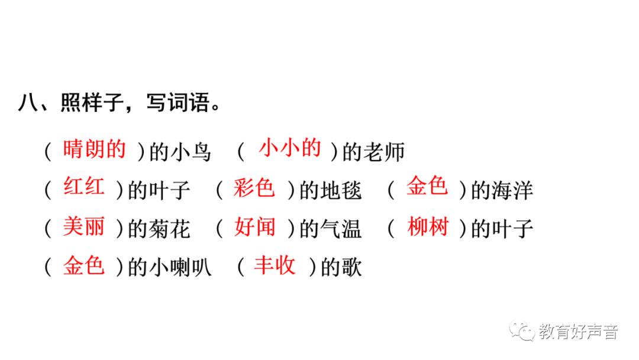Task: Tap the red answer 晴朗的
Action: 94,149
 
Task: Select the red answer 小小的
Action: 290,148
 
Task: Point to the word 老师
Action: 385,152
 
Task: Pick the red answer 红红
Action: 84,188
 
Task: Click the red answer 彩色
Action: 254,188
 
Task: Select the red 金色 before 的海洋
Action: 427,187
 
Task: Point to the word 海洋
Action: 512,191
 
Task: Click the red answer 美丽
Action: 84,227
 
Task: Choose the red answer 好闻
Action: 254,227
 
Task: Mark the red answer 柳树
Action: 428,227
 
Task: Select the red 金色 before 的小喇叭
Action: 84,266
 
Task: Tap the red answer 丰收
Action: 275,265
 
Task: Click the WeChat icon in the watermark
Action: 522,332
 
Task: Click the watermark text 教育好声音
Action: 578,332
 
